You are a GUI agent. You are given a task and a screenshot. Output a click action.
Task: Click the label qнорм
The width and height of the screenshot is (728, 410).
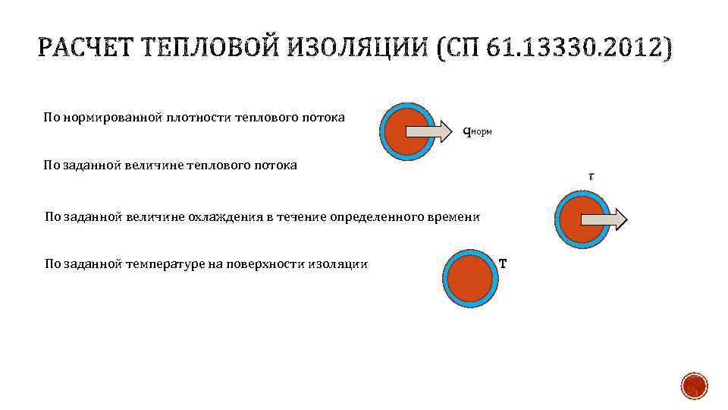click(x=477, y=131)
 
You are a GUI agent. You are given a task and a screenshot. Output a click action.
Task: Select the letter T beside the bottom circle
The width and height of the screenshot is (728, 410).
click(x=503, y=264)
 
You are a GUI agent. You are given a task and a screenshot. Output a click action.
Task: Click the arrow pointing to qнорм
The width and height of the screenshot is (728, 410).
click(x=429, y=131)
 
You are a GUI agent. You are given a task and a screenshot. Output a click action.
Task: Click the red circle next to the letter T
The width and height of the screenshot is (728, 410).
click(x=470, y=278)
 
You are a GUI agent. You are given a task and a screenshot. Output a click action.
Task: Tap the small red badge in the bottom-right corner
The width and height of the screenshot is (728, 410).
click(x=694, y=386)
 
